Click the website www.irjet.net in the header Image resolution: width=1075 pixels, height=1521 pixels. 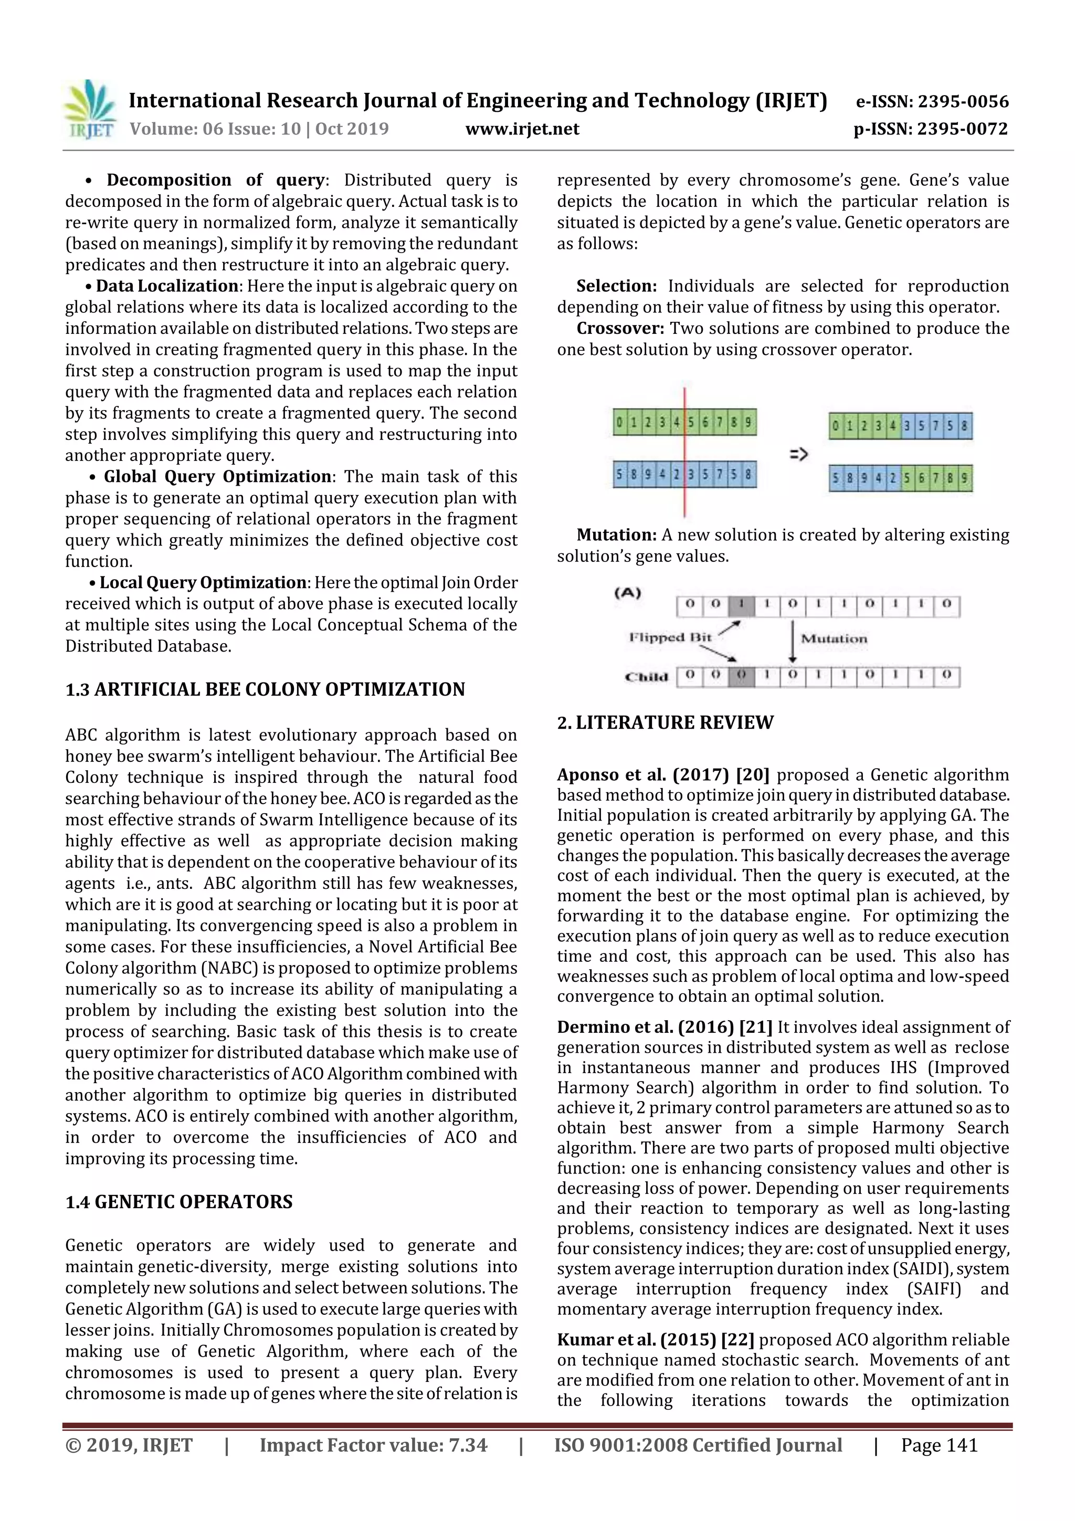[522, 129]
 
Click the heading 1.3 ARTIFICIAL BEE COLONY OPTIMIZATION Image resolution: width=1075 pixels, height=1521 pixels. [265, 689]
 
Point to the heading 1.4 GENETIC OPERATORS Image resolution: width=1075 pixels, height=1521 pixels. [179, 1202]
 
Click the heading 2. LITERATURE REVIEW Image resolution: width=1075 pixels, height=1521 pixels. [665, 723]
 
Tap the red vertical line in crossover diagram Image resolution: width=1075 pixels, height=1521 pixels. [684, 450]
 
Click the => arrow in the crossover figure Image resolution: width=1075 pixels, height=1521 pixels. [798, 455]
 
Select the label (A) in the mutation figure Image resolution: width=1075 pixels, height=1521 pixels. [627, 593]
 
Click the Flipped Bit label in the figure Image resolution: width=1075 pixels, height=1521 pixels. [670, 637]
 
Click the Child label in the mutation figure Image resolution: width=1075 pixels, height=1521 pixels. [646, 677]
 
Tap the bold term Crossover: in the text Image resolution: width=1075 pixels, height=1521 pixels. [619, 329]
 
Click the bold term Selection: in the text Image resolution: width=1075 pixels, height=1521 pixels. [616, 286]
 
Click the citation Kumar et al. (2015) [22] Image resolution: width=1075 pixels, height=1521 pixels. [655, 1339]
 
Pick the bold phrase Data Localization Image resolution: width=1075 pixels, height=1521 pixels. [167, 286]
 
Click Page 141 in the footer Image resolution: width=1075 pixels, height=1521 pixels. [939, 1445]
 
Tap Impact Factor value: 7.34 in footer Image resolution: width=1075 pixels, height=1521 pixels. [373, 1445]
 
